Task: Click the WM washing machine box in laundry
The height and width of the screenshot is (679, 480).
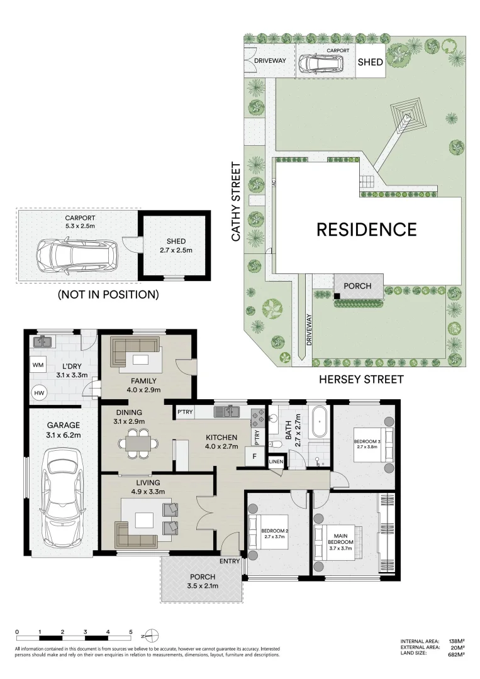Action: [x=38, y=365]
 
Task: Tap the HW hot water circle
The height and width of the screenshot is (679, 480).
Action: [x=39, y=393]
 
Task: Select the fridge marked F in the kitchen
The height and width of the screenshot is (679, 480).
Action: [x=254, y=456]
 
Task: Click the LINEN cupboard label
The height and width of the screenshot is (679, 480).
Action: [x=276, y=461]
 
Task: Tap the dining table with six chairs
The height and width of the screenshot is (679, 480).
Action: [x=138, y=443]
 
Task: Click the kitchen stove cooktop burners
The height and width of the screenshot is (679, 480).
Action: [x=258, y=417]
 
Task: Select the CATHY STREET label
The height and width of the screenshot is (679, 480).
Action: [x=236, y=201]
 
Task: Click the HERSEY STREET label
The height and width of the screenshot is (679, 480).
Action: [x=361, y=379]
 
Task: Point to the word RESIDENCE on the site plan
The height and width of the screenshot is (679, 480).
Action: [x=367, y=229]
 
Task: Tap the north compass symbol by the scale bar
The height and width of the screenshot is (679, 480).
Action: [x=152, y=636]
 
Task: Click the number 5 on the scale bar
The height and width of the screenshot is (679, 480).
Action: [x=131, y=632]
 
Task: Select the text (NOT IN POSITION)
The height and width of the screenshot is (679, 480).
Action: [x=108, y=294]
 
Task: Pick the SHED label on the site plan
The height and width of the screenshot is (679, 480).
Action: [x=371, y=62]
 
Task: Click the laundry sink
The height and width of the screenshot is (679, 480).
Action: [x=43, y=341]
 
